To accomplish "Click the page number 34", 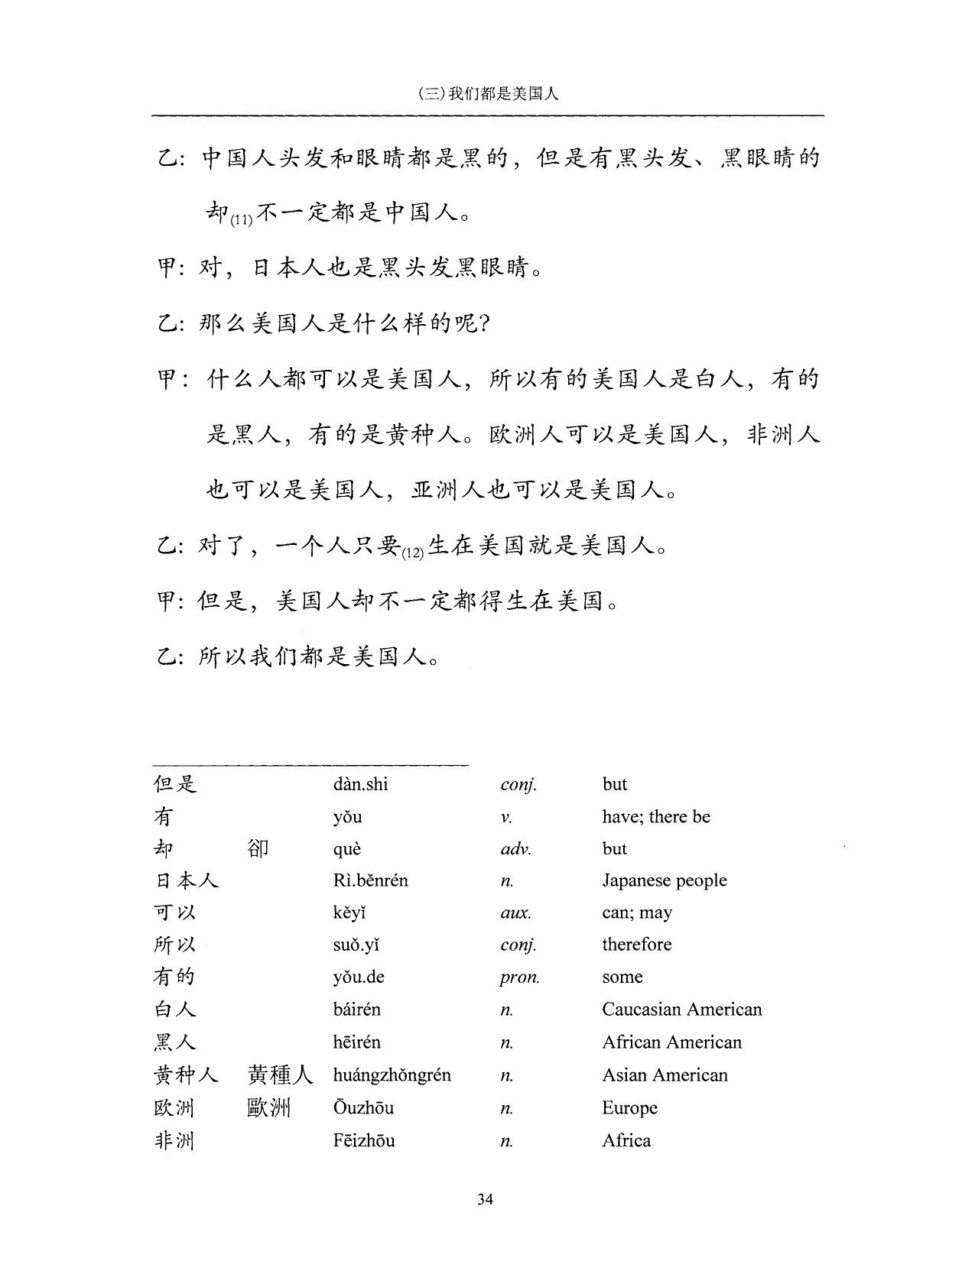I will [x=485, y=1198].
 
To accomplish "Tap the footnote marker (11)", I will [x=241, y=220].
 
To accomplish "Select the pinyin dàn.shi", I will [x=360, y=784].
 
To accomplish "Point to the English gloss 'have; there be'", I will [x=655, y=816].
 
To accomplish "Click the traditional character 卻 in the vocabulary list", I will [x=258, y=848].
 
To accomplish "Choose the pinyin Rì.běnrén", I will [x=370, y=880].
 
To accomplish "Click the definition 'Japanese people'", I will [x=664, y=880].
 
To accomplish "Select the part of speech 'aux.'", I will [x=515, y=913].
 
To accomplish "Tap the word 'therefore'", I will [x=636, y=945].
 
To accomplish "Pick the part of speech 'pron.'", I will [x=519, y=977].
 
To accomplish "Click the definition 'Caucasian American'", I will [x=681, y=1010].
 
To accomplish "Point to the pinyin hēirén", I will [x=356, y=1042].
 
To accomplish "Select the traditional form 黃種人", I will [x=280, y=1075].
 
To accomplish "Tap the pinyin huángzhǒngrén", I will [x=392, y=1075].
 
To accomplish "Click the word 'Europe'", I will [x=629, y=1108].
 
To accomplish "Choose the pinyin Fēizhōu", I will [x=364, y=1141].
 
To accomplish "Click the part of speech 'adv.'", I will [x=515, y=849].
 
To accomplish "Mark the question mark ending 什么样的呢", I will [x=483, y=324].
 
